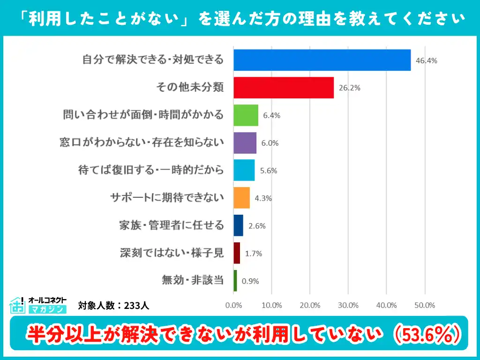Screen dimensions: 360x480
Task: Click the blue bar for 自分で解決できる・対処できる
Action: click(322, 60)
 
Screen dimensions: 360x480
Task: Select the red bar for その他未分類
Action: click(283, 88)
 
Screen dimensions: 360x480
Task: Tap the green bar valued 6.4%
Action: click(246, 115)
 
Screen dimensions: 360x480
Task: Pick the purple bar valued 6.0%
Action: click(245, 143)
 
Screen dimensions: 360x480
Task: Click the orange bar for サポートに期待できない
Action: click(241, 198)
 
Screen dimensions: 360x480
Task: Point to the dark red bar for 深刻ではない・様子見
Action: click(237, 253)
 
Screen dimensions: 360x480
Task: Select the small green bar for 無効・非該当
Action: click(235, 281)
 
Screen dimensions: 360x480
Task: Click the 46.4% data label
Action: click(426, 60)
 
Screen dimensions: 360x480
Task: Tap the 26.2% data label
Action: click(349, 88)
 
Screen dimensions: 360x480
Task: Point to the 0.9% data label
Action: click(250, 281)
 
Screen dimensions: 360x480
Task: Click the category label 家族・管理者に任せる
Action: click(171, 225)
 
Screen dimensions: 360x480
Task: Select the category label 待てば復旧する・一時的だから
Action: click(151, 170)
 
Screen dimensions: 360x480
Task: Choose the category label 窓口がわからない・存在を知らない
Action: click(142, 142)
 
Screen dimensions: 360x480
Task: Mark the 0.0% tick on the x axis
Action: click(233, 305)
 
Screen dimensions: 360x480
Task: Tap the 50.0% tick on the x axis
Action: click(425, 305)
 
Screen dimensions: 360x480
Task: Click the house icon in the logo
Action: click(18, 305)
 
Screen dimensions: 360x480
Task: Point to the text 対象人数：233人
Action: click(113, 306)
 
